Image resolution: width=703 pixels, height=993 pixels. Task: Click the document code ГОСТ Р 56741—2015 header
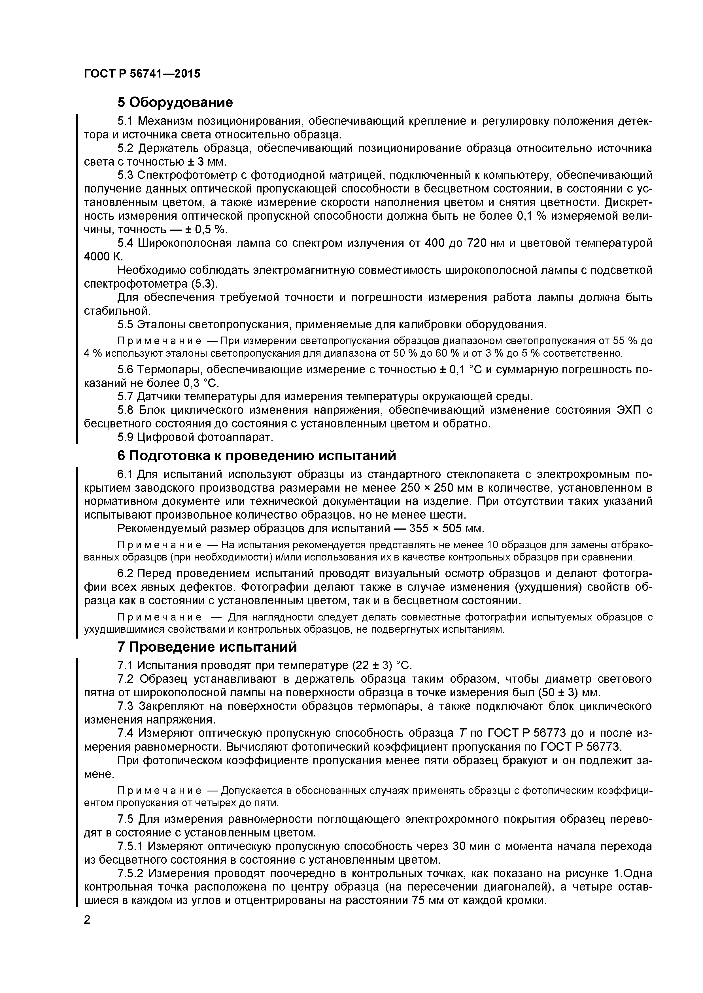tap(142, 74)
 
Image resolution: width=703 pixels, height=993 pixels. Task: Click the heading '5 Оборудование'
tap(175, 102)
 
